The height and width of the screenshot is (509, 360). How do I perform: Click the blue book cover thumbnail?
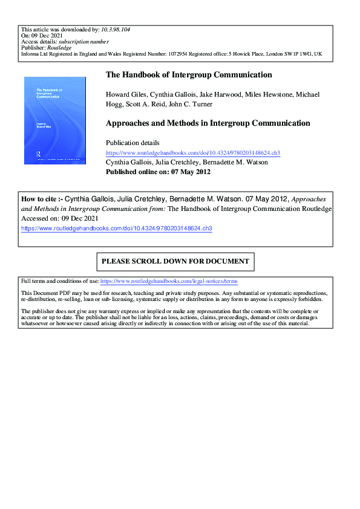click(x=54, y=120)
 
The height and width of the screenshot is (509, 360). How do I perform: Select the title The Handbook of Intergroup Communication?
click(x=189, y=75)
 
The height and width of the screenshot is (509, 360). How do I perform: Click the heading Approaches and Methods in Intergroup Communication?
click(x=208, y=123)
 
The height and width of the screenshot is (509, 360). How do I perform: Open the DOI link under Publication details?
click(x=192, y=153)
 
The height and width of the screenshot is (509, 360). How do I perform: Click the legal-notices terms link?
click(x=169, y=282)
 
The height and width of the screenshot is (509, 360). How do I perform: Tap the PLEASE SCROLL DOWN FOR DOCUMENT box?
click(x=175, y=262)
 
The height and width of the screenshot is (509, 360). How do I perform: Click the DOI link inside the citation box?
click(x=117, y=229)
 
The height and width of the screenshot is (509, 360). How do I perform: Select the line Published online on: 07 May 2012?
click(x=158, y=172)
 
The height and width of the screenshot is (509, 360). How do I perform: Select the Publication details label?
click(x=133, y=143)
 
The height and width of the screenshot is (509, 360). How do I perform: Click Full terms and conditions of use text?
click(x=59, y=282)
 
